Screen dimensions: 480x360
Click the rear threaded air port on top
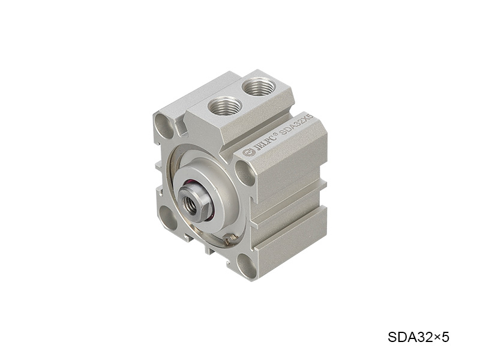point(259,86)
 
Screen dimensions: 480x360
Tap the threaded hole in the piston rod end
point(189,203)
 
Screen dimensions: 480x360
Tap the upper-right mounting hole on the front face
point(245,173)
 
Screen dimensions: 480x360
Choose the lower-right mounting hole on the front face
point(247,266)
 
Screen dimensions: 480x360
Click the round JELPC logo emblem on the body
point(249,152)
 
